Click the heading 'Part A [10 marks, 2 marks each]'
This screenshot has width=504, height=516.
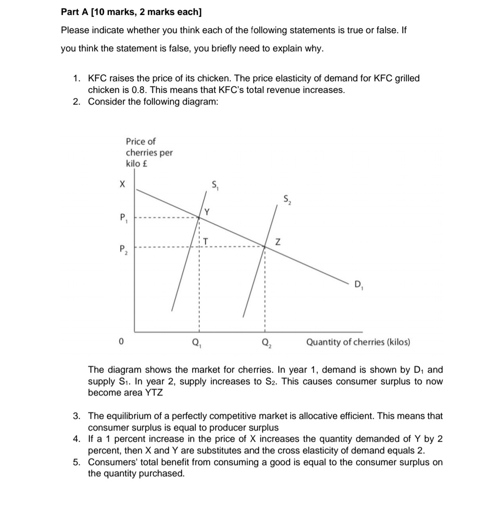click(x=132, y=12)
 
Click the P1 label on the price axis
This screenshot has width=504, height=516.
click(x=123, y=218)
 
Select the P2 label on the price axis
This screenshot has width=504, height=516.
click(x=123, y=248)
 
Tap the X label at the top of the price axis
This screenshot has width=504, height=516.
click(x=122, y=184)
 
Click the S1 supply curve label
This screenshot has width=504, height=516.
click(x=216, y=186)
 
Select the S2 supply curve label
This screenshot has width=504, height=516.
click(x=287, y=200)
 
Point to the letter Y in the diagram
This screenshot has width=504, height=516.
click(x=206, y=212)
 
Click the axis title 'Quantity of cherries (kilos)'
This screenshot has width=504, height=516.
click(x=358, y=342)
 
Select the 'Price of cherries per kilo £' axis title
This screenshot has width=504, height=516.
click(x=148, y=152)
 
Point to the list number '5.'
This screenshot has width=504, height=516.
click(x=78, y=462)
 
